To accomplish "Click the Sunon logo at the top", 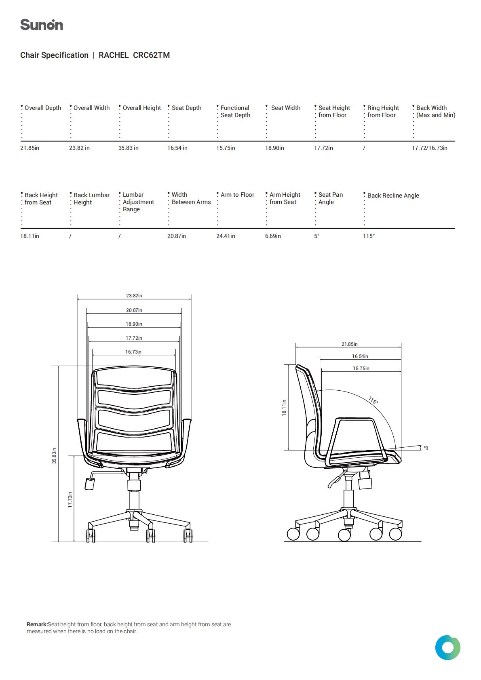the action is tap(42, 25).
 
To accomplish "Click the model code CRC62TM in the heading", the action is tap(151, 55).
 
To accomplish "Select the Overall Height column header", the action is tap(141, 108).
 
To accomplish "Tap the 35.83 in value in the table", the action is tap(129, 148).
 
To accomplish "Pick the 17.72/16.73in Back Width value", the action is tap(429, 148).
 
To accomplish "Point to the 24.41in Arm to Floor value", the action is tap(226, 236).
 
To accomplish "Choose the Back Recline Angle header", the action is tap(393, 196).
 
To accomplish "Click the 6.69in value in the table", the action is tap(273, 236).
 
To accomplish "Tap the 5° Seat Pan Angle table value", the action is tap(317, 236).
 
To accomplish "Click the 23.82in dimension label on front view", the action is tap(134, 295).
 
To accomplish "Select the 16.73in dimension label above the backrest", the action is tap(133, 352).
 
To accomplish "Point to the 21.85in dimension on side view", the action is tap(350, 344).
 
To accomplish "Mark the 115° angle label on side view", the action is tap(373, 400).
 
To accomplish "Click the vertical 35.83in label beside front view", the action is tap(54, 456).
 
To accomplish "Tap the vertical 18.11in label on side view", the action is tap(284, 407).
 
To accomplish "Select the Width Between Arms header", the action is tap(191, 198).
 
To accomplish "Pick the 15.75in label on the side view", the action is tap(361, 368).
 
